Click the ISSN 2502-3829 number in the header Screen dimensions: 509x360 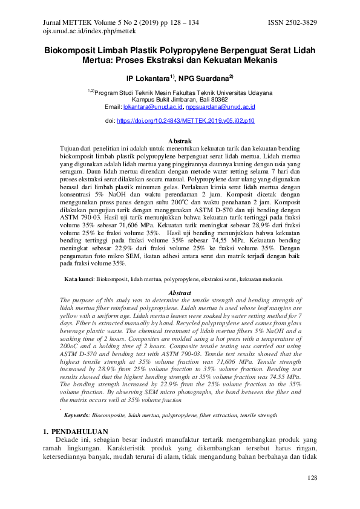coord(292,22)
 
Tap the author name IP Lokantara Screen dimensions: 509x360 coord(149,79)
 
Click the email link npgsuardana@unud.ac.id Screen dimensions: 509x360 coord(220,106)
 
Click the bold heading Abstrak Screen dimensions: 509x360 coord(180,141)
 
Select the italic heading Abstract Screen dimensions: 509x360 coord(180,293)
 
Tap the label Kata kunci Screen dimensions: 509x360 coord(79,279)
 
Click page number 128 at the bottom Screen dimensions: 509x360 coord(312,478)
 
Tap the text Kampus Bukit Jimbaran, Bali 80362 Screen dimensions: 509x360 coord(180,99)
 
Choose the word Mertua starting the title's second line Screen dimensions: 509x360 coord(99,62)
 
